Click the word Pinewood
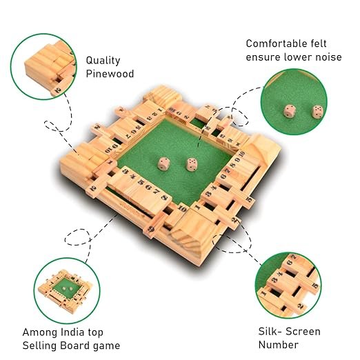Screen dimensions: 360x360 pos(110,74)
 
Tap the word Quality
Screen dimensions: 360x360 pos(103,61)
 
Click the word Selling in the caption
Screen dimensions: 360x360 pos(39,346)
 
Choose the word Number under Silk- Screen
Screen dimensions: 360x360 pos(279,345)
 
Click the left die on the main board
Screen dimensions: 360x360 pos(163,163)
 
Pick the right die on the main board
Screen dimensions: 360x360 pos(191,164)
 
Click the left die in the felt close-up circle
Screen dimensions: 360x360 pos(289,111)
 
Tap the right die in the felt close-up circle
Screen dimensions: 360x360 pos(317,112)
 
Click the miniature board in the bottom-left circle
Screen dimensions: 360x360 pos(66,289)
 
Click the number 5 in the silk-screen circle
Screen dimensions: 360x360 pos(315,286)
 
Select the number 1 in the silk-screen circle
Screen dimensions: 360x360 pos(263,293)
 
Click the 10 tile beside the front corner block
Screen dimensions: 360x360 pos(182,209)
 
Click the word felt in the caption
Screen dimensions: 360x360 pos(318,43)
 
